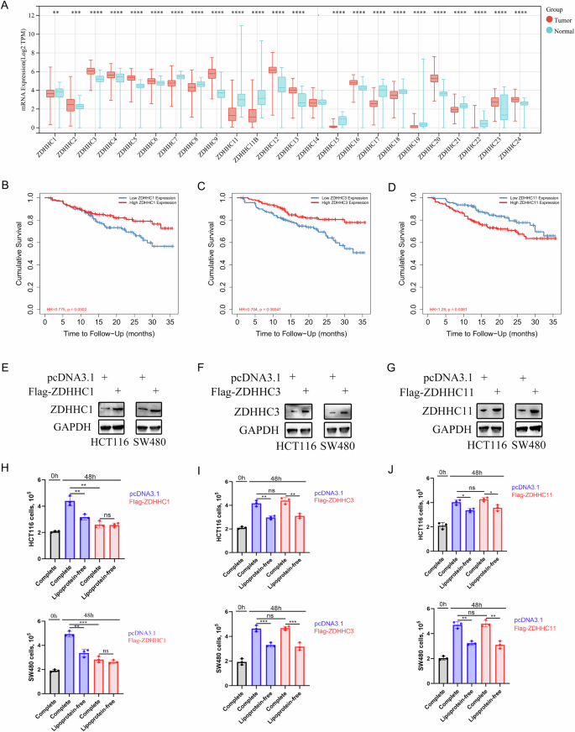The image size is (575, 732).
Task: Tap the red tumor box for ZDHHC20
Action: pyautogui.click(x=434, y=78)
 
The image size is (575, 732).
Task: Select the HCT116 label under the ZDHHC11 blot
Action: pyautogui.click(x=478, y=442)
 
